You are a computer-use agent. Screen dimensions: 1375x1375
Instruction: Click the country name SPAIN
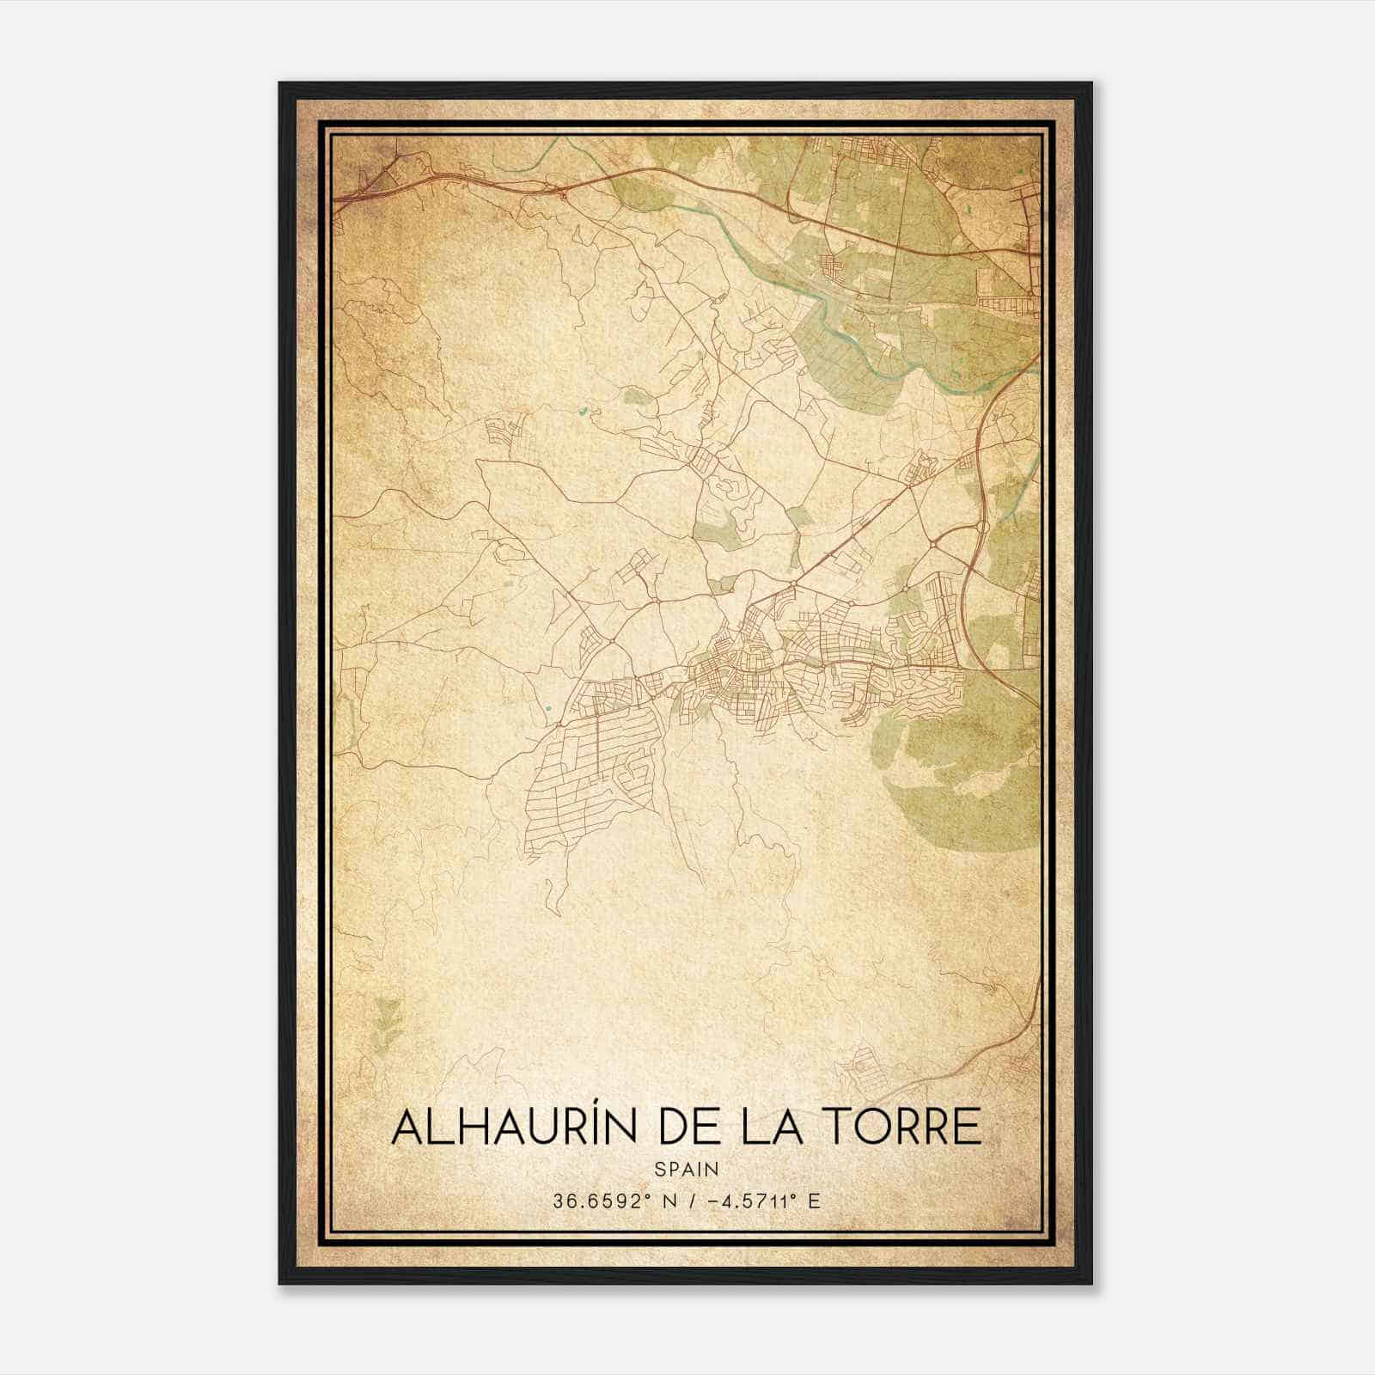tap(686, 1170)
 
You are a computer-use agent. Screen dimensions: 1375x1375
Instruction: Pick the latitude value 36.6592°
tap(597, 1201)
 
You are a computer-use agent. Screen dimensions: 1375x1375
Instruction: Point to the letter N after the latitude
tap(659, 1201)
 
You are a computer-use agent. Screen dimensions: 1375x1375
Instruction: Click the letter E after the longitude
tap(814, 1201)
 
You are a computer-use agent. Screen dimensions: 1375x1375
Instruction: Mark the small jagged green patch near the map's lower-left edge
tap(388, 1022)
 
